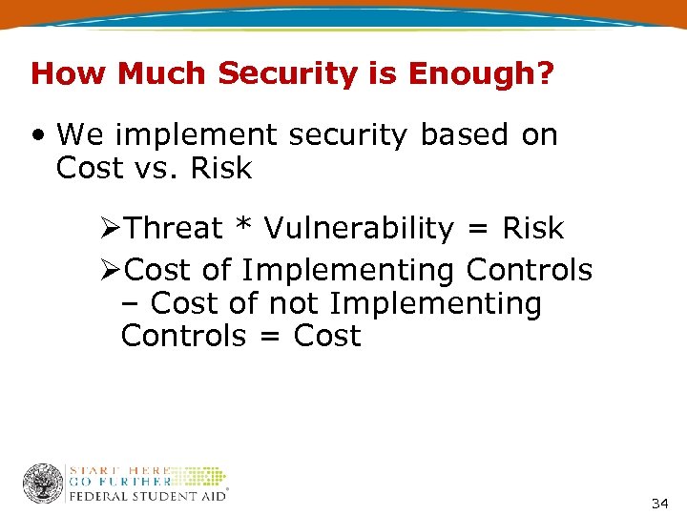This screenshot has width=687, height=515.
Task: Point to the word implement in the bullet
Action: pyautogui.click(x=206, y=135)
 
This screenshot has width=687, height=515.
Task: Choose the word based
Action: pyautogui.click(x=465, y=135)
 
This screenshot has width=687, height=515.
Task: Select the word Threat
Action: pyautogui.click(x=174, y=229)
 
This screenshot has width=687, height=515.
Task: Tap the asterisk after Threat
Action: pyautogui.click(x=244, y=227)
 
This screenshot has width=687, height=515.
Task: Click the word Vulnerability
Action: pyautogui.click(x=359, y=229)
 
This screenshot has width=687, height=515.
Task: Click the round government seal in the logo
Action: pyautogui.click(x=42, y=484)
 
